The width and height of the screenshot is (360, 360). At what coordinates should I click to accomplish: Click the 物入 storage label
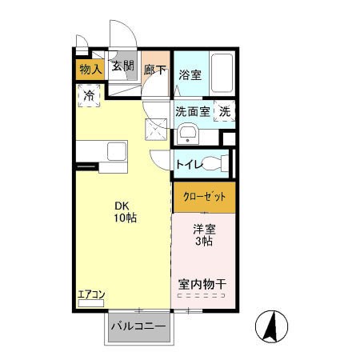90,70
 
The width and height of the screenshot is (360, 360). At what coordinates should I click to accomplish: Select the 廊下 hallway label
155,70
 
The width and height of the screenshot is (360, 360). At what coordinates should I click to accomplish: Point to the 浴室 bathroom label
190,75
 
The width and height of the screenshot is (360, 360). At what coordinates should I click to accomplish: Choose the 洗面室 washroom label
193,111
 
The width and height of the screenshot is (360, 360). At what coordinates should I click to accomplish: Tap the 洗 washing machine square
226,111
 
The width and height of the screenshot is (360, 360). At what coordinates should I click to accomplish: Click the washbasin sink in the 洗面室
188,133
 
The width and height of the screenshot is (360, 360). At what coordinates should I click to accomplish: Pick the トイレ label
189,164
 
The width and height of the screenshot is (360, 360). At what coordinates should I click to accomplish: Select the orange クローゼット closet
205,197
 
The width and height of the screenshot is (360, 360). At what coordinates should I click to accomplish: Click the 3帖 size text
203,242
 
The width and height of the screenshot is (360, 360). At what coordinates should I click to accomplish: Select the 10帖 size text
124,217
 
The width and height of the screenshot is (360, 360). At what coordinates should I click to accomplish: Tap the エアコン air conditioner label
90,294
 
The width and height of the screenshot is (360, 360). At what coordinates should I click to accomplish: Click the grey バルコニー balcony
138,328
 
